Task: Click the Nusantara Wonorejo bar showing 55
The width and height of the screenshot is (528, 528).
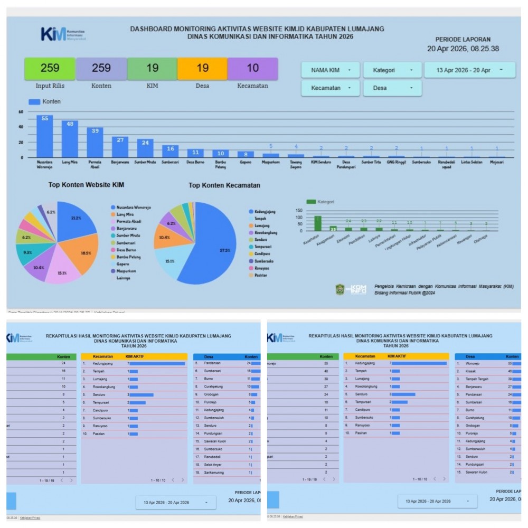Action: click(x=44, y=136)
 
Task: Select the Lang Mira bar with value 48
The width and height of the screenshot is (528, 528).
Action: click(x=70, y=139)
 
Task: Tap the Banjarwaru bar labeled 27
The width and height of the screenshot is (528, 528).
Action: click(x=120, y=147)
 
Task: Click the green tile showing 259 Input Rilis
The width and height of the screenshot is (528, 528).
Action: click(x=50, y=69)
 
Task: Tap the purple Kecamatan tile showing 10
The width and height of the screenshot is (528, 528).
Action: click(x=252, y=69)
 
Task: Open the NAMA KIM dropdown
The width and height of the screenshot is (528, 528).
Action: click(x=331, y=70)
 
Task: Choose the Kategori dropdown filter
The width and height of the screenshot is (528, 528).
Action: click(x=392, y=70)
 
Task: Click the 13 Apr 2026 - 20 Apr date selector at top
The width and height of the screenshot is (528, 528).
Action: click(x=469, y=70)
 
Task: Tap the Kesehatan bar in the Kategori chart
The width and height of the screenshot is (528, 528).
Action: click(x=318, y=223)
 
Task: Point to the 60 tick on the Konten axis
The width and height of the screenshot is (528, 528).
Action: click(x=21, y=112)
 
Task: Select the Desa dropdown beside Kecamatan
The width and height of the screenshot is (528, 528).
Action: click(x=392, y=88)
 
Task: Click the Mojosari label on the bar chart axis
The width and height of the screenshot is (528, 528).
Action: click(x=496, y=162)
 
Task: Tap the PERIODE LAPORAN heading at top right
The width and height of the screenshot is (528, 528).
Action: click(x=463, y=40)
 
